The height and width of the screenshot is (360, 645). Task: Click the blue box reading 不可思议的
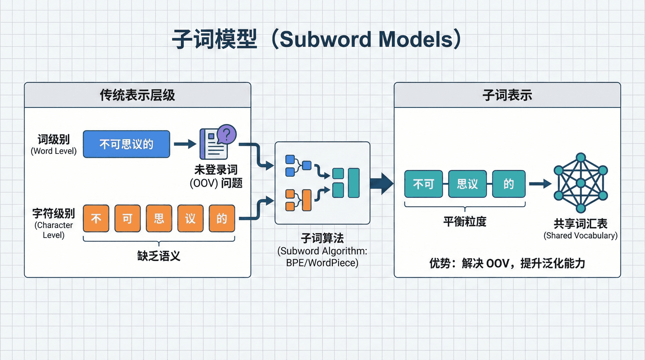[126, 144]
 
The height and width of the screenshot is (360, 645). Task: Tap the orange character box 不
[96, 218]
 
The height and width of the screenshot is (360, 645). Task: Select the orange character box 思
[159, 218]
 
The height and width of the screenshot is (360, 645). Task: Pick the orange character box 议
[190, 218]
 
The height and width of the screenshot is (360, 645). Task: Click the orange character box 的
[222, 218]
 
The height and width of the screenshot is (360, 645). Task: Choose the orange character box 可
[127, 218]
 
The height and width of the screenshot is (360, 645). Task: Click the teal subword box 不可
[423, 184]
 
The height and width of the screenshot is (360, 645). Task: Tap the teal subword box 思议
[467, 184]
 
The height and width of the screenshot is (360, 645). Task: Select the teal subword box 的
[509, 184]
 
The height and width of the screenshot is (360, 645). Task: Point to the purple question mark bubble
[227, 134]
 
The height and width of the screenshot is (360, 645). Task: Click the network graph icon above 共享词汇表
[581, 183]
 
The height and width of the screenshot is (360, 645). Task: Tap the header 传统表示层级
[137, 95]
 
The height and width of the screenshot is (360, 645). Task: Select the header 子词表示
[507, 95]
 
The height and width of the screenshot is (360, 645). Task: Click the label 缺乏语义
[159, 256]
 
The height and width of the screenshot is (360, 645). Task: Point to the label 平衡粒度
[465, 222]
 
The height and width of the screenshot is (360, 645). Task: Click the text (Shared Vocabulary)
[580, 235]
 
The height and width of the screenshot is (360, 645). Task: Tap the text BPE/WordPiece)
[322, 263]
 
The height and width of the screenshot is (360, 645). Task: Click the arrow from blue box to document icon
[185, 144]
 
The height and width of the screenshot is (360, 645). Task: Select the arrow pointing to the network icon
[540, 184]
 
